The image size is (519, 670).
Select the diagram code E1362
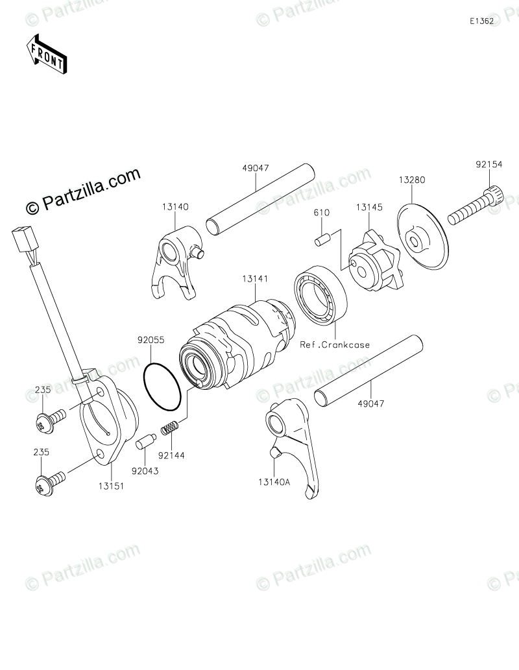[x=482, y=21]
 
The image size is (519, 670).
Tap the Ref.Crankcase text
[x=334, y=344]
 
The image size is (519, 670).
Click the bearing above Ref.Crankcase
[x=320, y=298]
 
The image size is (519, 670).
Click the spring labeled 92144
[x=169, y=427]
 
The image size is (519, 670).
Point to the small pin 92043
[x=143, y=442]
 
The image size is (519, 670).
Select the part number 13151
[x=111, y=485]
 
